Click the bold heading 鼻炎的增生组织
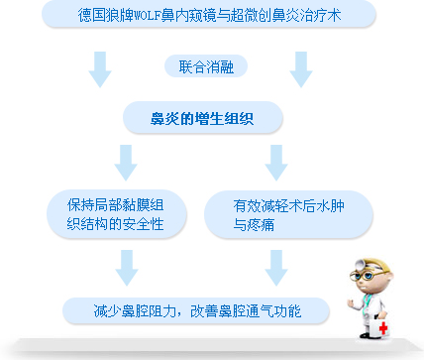click(202, 118)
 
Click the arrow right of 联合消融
click(302, 67)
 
